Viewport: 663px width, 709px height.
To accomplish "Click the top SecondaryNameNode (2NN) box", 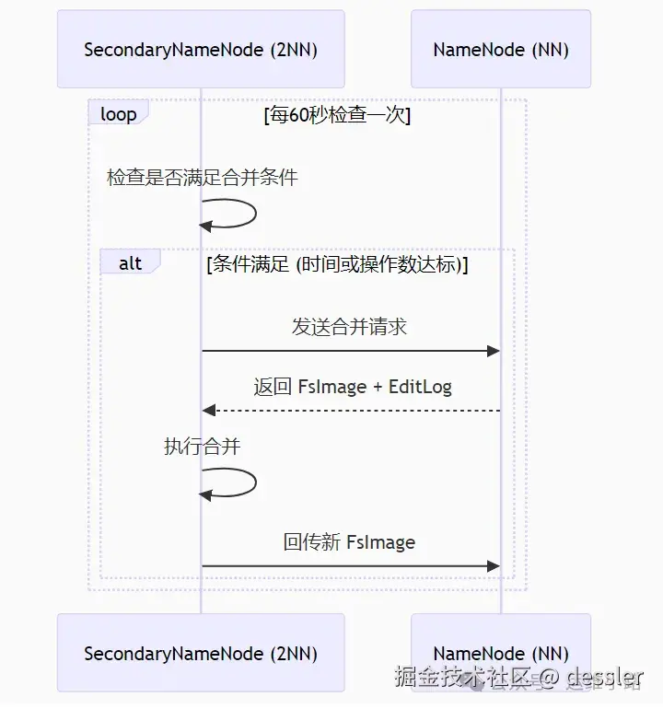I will point(201,49).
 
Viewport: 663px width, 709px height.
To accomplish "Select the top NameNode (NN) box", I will point(501,49).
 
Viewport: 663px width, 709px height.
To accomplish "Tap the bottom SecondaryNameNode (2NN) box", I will point(201,653).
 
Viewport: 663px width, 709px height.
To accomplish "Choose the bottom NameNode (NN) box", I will point(501,653).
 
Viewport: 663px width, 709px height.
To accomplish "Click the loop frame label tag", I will point(118,114).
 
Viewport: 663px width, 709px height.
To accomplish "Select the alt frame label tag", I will point(130,263).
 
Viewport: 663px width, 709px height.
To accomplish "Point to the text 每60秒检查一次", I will point(337,115).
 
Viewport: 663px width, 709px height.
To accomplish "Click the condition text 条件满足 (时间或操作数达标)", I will point(338,264).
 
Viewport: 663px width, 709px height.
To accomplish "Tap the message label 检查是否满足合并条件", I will point(203,178).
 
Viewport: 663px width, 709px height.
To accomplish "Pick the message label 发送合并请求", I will point(350,327).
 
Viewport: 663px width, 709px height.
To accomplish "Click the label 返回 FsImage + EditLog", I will point(353,387).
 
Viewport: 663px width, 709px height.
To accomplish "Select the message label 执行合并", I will point(203,447).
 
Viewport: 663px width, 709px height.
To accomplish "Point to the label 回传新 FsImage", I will point(349,542).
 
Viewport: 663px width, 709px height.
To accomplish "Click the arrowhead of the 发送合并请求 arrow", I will point(494,351).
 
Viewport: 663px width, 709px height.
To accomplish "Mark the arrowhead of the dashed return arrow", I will point(208,410).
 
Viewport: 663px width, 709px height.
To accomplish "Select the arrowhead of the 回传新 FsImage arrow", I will point(494,565).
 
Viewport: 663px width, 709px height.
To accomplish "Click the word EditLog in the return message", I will point(421,387).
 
